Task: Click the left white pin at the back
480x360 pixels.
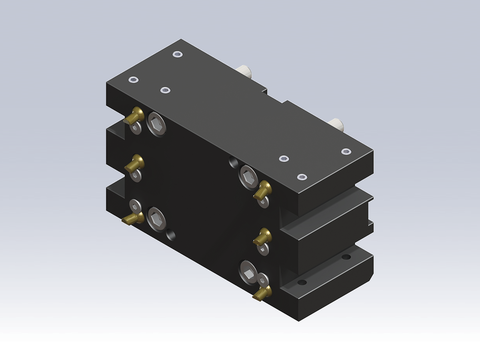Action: (x=246, y=71)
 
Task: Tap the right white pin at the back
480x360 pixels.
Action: (x=339, y=122)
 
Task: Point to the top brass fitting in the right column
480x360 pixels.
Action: (x=263, y=188)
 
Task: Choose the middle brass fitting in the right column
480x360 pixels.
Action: (x=264, y=236)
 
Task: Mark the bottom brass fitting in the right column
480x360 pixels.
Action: (x=262, y=291)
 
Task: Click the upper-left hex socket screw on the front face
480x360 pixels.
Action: (x=159, y=122)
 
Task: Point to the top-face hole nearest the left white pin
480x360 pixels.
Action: (x=177, y=54)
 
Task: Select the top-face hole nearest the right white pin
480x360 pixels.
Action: (x=346, y=151)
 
